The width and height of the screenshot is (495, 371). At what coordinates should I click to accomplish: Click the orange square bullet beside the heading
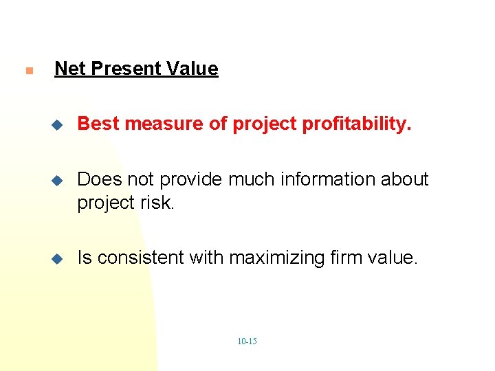coord(27,71)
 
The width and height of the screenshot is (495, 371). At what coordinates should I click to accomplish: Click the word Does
coord(96,180)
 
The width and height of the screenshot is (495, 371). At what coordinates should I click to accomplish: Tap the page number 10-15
coord(247,341)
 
